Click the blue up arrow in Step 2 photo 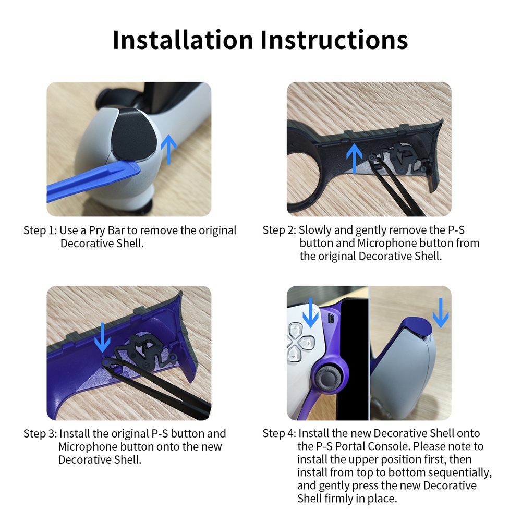[x=354, y=157]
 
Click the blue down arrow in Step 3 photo [x=102, y=336]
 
